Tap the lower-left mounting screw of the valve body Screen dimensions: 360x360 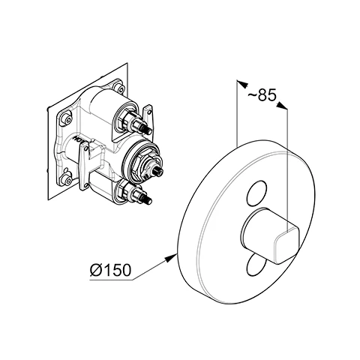tap(68, 179)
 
